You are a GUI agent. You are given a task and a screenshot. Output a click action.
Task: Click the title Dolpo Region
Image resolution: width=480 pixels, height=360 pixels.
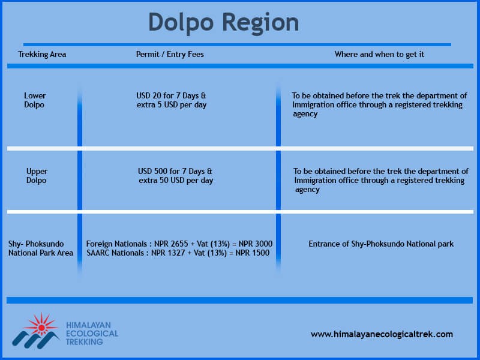pyautogui.click(x=223, y=23)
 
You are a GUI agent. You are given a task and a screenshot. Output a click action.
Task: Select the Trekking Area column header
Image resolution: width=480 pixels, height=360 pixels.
pyautogui.click(x=42, y=55)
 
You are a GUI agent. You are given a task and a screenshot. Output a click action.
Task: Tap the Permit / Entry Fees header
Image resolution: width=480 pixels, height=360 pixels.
pyautogui.click(x=170, y=55)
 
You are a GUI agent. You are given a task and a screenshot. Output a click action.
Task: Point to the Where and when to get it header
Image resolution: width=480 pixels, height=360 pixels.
pyautogui.click(x=379, y=55)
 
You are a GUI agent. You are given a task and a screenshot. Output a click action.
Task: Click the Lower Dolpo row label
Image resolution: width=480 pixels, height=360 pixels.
pyautogui.click(x=35, y=100)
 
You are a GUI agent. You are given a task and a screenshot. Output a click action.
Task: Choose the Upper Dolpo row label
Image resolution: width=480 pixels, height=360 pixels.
pyautogui.click(x=37, y=176)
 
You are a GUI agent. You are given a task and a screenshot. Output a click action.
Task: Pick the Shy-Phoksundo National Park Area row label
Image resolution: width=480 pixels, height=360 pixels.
pyautogui.click(x=41, y=248)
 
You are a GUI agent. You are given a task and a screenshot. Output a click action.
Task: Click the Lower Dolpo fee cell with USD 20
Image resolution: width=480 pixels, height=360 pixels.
pyautogui.click(x=172, y=100)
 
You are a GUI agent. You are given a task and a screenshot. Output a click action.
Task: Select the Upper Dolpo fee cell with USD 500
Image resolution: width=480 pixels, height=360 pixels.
pyautogui.click(x=176, y=176)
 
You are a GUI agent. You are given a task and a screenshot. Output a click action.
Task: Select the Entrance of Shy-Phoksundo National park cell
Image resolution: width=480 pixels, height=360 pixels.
pyautogui.click(x=381, y=244)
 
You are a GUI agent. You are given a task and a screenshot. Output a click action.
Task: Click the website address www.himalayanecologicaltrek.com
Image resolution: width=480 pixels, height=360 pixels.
pyautogui.click(x=382, y=334)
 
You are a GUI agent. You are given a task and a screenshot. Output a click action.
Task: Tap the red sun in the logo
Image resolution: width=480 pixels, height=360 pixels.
pyautogui.click(x=41, y=327)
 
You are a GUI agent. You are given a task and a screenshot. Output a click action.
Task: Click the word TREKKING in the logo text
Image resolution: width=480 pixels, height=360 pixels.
pyautogui.click(x=85, y=342)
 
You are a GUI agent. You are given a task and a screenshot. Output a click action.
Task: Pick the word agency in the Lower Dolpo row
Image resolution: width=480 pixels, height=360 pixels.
pyautogui.click(x=305, y=114)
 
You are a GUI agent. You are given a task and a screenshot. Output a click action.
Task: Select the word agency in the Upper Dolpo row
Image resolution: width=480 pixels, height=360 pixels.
pyautogui.click(x=307, y=190)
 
